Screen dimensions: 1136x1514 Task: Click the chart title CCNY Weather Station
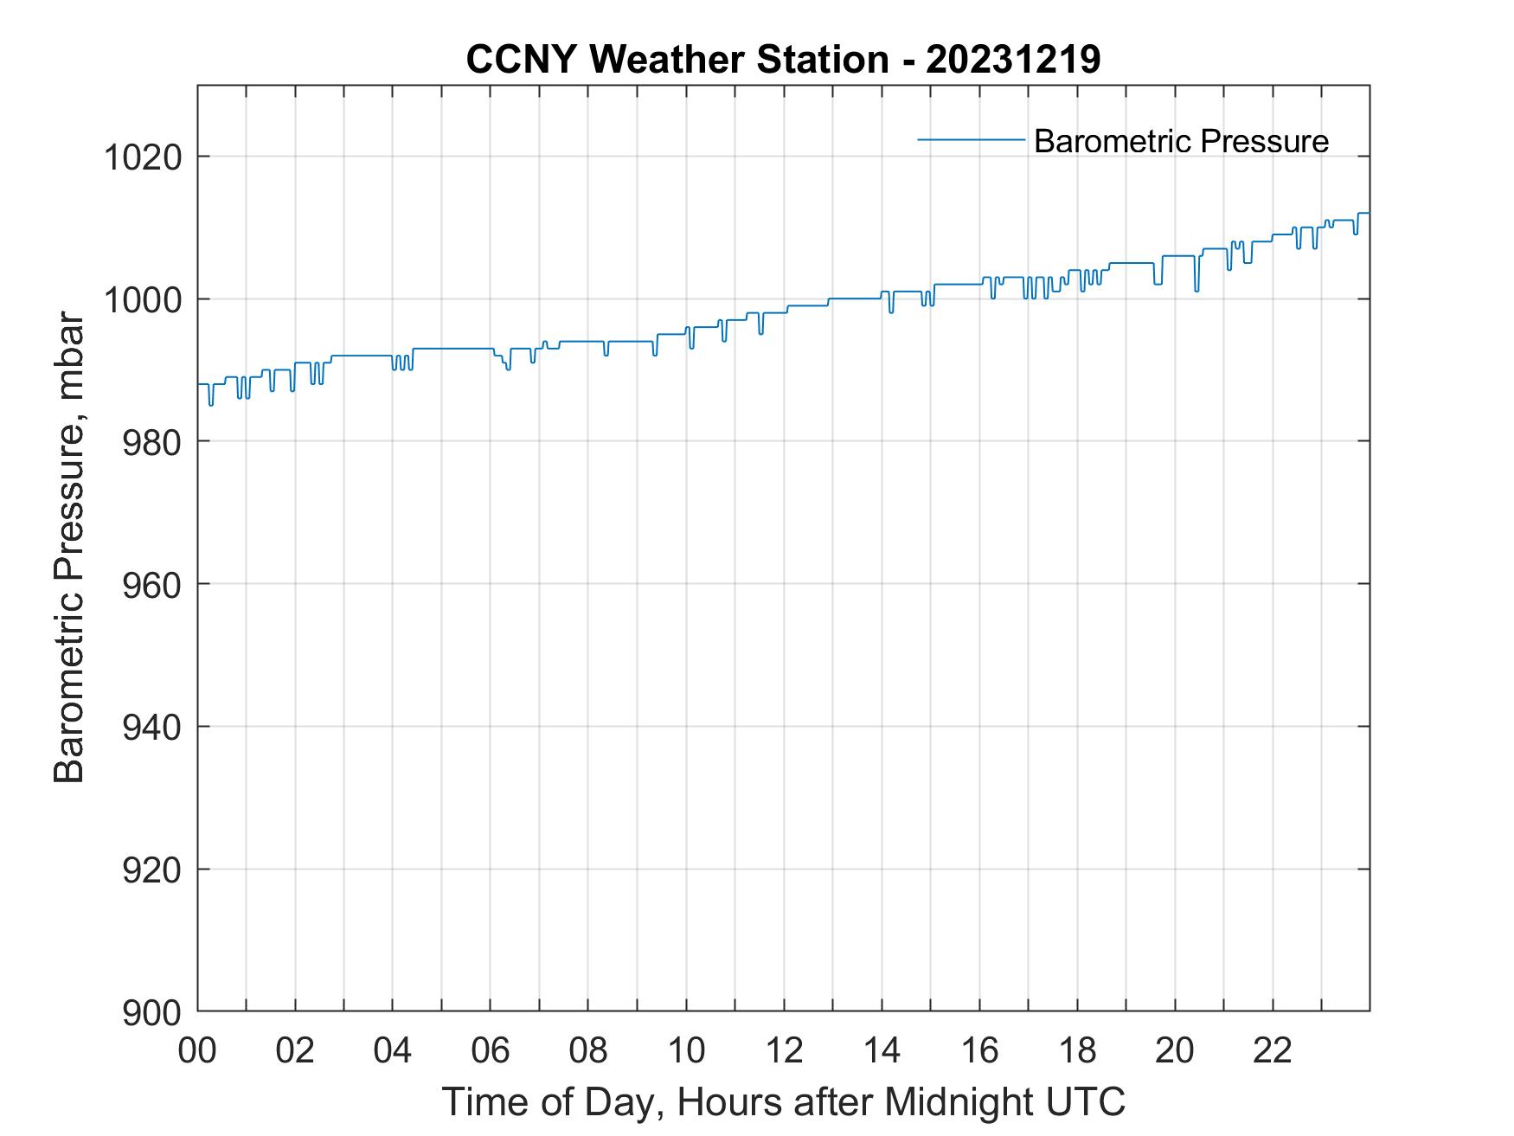pos(677,60)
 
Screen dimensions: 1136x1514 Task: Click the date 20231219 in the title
pos(1013,60)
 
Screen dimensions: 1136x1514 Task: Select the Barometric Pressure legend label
pos(1181,141)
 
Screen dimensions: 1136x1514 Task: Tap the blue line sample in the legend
pos(971,139)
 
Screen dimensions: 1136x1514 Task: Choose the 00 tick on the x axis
pos(198,1050)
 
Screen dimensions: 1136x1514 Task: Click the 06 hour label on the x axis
pos(491,1050)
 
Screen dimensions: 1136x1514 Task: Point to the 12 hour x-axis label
pos(784,1050)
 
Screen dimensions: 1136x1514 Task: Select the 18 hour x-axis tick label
pos(1077,1050)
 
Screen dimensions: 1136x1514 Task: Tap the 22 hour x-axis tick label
pos(1273,1050)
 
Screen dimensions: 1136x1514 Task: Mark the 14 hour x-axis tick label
pos(882,1050)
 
